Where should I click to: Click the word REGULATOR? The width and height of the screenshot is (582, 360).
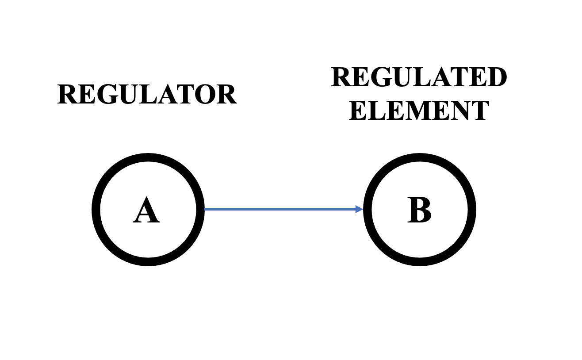pyautogui.click(x=147, y=94)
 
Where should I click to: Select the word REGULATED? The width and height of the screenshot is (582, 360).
pyautogui.click(x=419, y=77)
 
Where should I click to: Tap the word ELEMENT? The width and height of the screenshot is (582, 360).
pyautogui.click(x=419, y=111)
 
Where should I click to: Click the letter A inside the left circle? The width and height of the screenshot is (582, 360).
pyautogui.click(x=146, y=210)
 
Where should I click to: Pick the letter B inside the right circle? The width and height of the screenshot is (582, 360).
pyautogui.click(x=419, y=210)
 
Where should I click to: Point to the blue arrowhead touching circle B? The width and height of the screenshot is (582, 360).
pyautogui.click(x=360, y=209)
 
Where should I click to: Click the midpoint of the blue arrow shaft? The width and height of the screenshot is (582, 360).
pyautogui.click(x=283, y=209)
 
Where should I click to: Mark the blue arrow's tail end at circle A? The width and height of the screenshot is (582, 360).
pyautogui.click(x=204, y=209)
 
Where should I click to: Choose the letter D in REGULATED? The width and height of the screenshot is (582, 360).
pyautogui.click(x=497, y=77)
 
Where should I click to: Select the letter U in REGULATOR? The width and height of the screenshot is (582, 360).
pyautogui.click(x=129, y=95)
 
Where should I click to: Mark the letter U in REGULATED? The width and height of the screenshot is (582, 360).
pyautogui.click(x=402, y=77)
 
